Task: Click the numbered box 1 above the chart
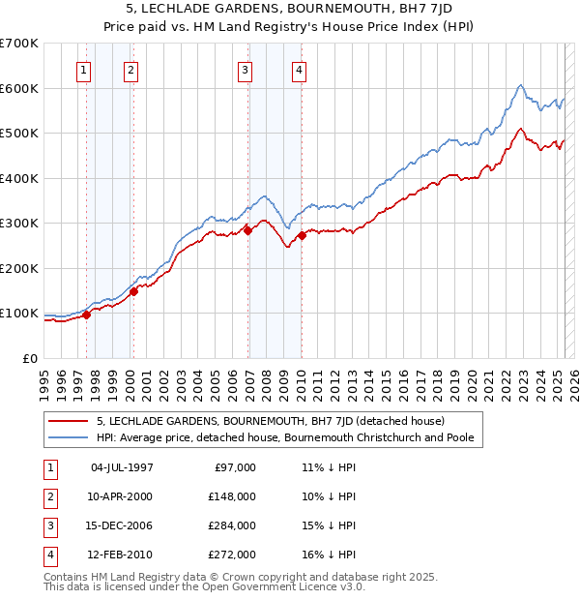[84, 69]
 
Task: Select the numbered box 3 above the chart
[246, 69]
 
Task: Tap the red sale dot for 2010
[302, 235]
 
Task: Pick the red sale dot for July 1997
[86, 314]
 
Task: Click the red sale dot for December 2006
[247, 230]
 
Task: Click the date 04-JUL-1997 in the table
[122, 467]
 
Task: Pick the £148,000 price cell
[233, 495]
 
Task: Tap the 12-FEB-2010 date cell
[122, 555]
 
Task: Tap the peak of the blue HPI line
[521, 85]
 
